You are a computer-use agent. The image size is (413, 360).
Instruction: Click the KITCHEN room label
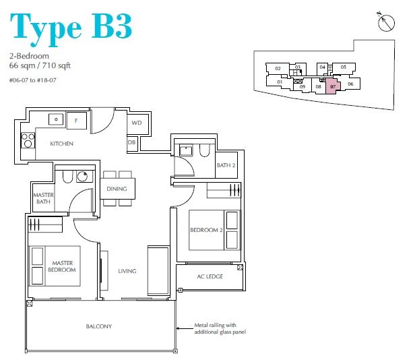tap(61, 144)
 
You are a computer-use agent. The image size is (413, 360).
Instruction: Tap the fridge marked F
tap(77, 121)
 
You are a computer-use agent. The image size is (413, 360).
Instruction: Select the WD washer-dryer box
tap(137, 123)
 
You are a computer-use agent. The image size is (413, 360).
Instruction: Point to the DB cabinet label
tap(131, 142)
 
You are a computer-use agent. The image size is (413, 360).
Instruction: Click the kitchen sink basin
tap(56, 119)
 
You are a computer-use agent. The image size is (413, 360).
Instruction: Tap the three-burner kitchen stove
tap(28, 140)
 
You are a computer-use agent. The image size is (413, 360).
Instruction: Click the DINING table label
tap(117, 189)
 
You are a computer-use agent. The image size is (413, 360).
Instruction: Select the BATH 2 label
tap(226, 165)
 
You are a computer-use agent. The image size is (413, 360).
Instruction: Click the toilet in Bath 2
tap(205, 150)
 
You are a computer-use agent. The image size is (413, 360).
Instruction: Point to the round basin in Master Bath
tap(83, 176)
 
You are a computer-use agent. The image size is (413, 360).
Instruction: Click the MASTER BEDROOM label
tap(62, 266)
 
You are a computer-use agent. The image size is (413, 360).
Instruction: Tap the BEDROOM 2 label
tap(206, 230)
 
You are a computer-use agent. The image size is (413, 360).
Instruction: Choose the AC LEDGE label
tap(210, 276)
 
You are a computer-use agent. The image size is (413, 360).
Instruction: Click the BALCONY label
tap(99, 326)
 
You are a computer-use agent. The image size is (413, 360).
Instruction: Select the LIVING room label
tap(127, 271)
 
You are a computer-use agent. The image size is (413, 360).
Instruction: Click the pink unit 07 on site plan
tap(333, 86)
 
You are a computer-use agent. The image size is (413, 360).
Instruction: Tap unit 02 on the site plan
tap(278, 69)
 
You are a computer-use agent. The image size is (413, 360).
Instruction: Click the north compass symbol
tap(386, 22)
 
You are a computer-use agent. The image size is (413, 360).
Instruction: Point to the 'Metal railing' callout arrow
tap(185, 328)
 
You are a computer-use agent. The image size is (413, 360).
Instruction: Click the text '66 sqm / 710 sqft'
tap(40, 65)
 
